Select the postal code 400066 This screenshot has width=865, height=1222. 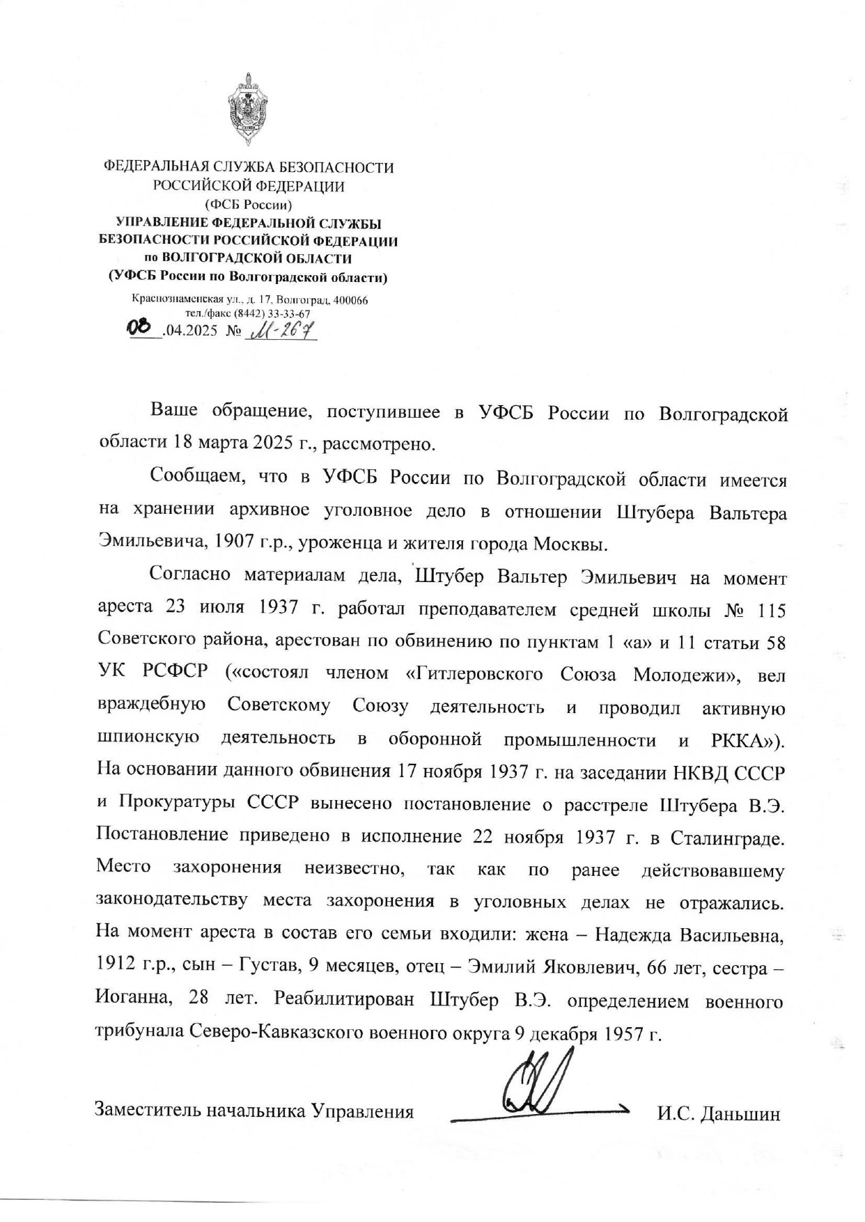[351, 301]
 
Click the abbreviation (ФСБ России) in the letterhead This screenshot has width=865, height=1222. [248, 205]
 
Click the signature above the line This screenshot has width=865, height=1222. [537, 1081]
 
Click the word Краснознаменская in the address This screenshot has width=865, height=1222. [175, 301]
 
